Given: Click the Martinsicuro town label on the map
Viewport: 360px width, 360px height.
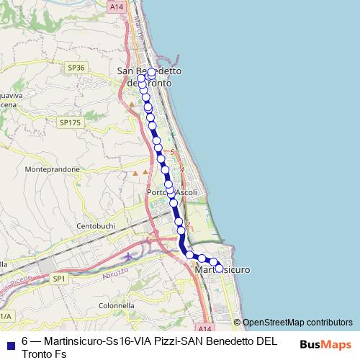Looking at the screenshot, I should pyautogui.click(x=222, y=269).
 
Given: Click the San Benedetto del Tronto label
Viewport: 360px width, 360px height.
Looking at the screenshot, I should pyautogui.click(x=149, y=77).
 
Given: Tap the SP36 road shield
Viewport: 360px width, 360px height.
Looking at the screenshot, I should pyautogui.click(x=76, y=67).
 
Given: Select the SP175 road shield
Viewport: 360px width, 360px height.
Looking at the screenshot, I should pyautogui.click(x=70, y=123).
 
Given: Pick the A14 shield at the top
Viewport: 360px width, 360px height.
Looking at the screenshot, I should pyautogui.click(x=117, y=6).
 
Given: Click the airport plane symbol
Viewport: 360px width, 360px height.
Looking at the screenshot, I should pyautogui.click(x=128, y=256).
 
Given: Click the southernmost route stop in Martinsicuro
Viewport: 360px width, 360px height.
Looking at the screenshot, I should pyautogui.click(x=220, y=268).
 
